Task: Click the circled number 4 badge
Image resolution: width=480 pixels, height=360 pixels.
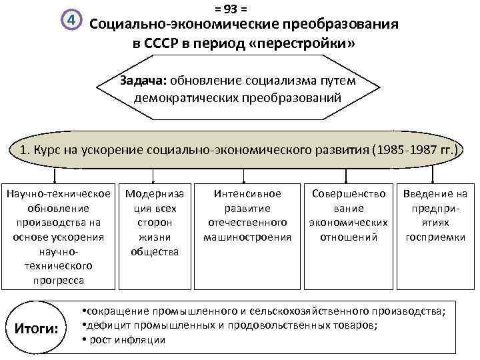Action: pos(71,22)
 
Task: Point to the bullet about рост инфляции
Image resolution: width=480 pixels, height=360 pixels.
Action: pos(125,340)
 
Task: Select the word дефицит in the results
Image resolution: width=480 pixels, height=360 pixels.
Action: pos(103,325)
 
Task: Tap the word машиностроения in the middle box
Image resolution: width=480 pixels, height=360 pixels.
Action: pos(247,237)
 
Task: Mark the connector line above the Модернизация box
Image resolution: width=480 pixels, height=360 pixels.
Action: pos(155,175)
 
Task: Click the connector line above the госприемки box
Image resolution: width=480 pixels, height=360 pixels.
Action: pos(433,175)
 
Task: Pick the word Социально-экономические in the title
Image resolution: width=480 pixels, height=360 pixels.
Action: pos(171,25)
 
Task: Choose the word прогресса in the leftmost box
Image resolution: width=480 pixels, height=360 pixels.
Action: pos(59,280)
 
